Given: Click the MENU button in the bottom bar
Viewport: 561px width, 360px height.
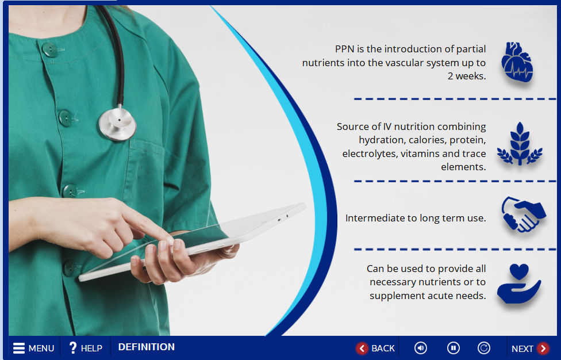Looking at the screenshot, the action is coord(34,348).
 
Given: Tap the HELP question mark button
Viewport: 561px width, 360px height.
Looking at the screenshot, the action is coord(86,348).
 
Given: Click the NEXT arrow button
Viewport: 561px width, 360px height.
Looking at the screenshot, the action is coord(530,348).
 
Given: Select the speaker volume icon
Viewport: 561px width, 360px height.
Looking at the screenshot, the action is coord(420,348).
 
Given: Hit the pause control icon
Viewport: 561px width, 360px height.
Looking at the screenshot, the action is coord(454,348).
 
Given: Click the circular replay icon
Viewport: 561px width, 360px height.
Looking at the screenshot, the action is coord(484,348).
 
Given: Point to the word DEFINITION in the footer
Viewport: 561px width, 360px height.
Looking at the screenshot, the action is coord(147,347).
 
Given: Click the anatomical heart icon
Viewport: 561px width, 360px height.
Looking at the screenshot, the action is coord(517,62).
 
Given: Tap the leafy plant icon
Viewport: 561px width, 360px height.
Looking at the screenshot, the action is coord(520,144).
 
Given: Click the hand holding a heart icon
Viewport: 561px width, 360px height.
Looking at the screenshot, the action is coord(519,284).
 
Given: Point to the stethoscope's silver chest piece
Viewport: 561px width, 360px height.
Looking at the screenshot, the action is coord(117,124).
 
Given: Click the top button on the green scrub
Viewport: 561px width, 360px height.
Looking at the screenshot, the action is coord(49,49).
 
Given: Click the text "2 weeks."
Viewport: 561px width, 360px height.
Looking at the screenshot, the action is coord(467,76).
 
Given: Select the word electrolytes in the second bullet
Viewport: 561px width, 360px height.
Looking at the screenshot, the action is coord(370,154).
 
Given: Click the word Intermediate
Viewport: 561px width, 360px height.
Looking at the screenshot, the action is coord(375,218).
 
